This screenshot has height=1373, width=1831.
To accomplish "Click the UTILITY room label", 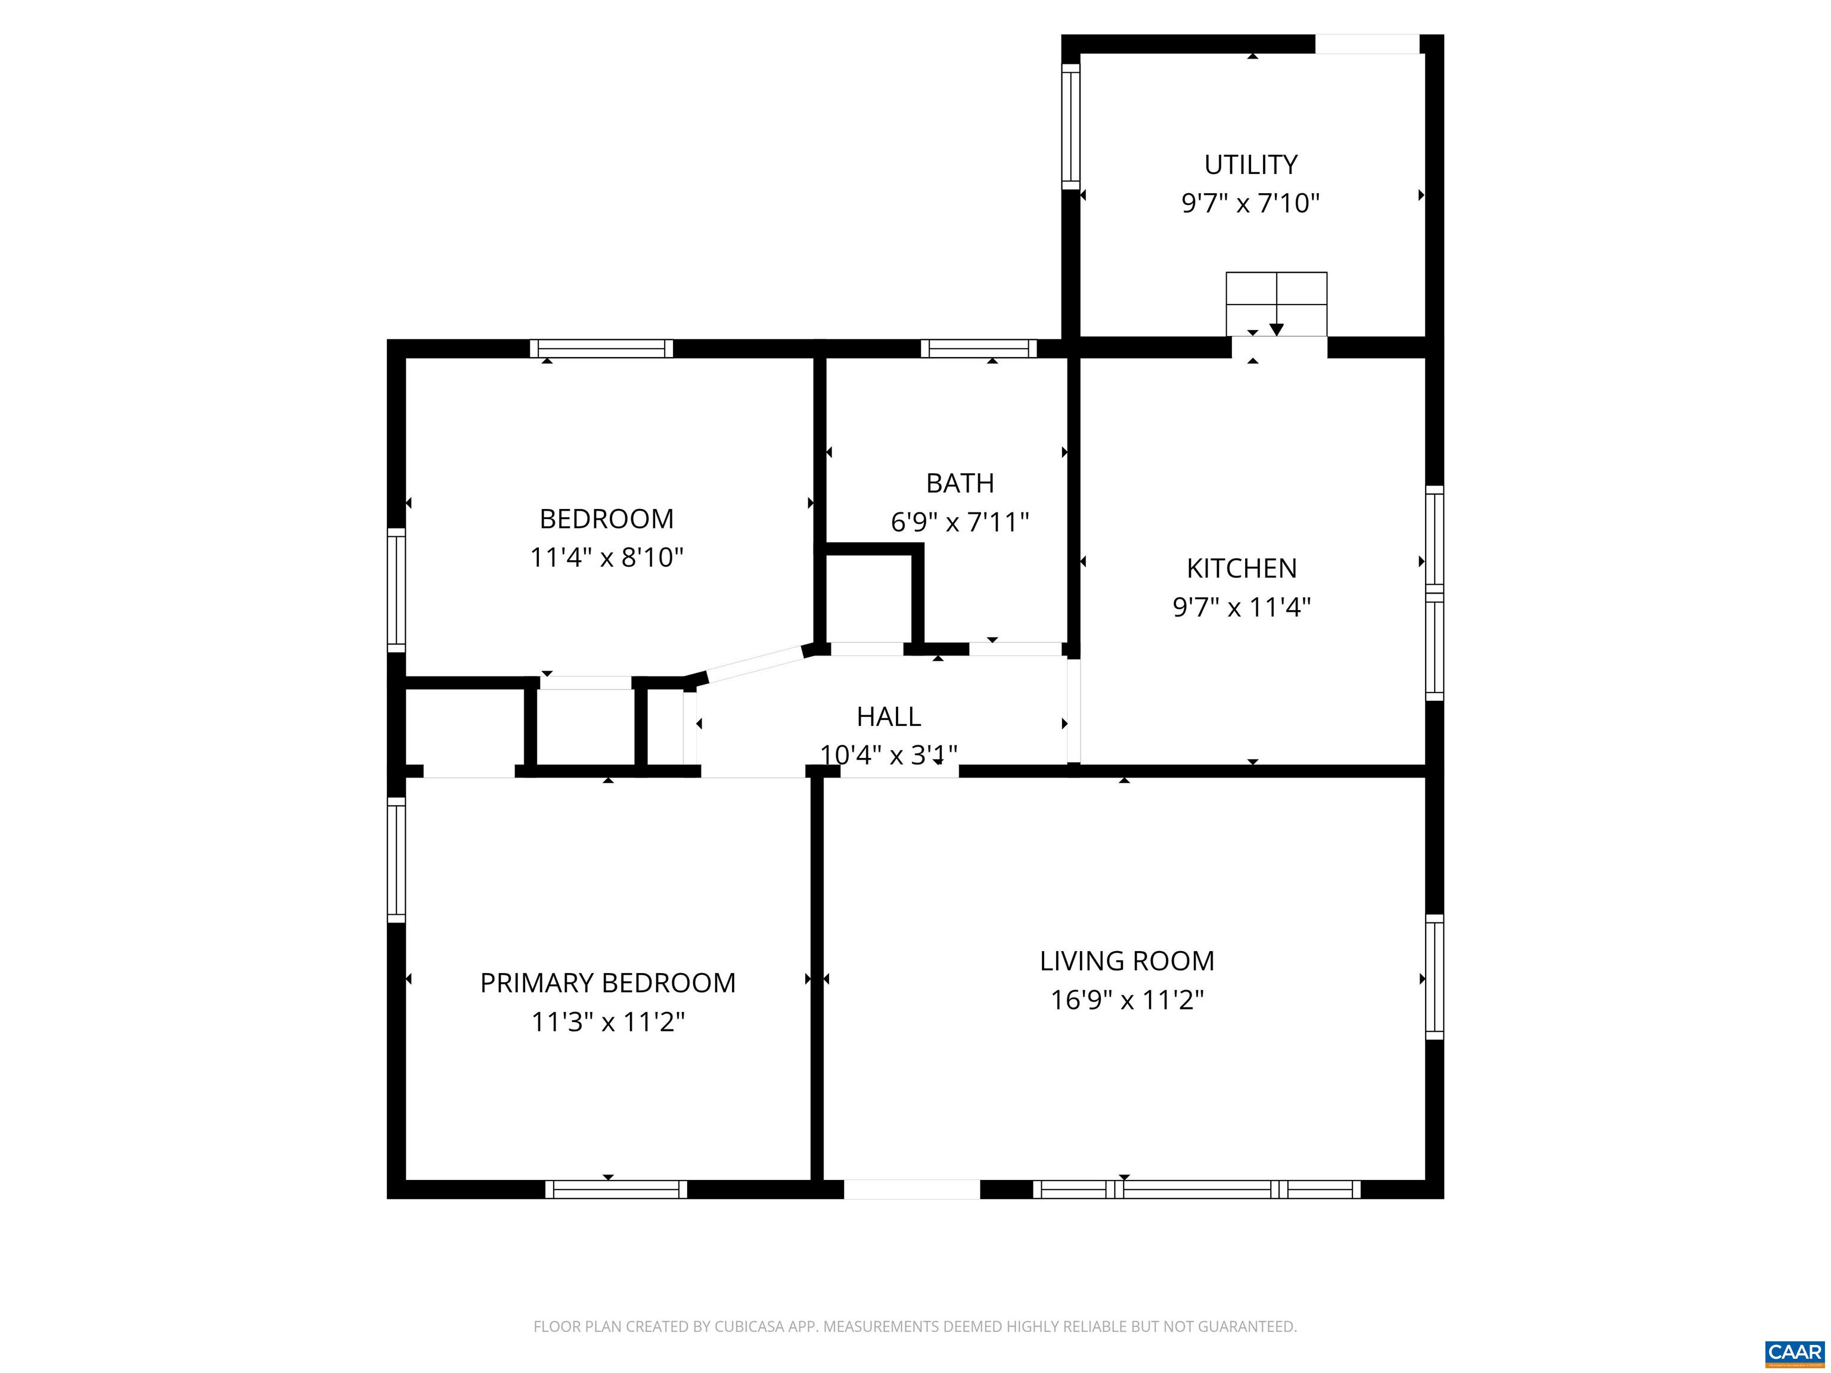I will coord(1250,164).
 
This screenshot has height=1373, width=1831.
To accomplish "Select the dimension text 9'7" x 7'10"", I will coord(1250,203).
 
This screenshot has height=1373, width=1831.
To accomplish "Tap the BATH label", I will coord(960,483).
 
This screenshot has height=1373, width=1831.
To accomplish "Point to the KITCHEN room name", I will coord(1242,569).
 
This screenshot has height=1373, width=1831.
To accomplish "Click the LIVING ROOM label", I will coord(1126,961).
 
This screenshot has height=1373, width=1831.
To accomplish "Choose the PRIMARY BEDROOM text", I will coord(607,983).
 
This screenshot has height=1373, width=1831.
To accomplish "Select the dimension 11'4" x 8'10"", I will coord(607,558).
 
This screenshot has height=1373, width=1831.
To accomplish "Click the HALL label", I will coord(888,716).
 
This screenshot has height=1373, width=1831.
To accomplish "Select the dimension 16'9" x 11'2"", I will coord(1126,1001).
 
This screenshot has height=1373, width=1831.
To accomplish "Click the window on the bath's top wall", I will coord(979,349).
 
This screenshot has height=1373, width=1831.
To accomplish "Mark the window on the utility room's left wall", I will coord(1070,126).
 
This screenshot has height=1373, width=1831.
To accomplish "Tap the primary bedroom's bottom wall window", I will coord(616,1189).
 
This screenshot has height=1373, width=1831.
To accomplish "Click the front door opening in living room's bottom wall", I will coord(911,1189).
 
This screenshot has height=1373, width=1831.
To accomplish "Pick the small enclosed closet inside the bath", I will coord(868,598).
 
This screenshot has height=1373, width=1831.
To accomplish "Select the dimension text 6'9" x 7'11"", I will coord(960,522).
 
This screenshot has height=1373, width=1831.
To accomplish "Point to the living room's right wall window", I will coord(1435,977).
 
